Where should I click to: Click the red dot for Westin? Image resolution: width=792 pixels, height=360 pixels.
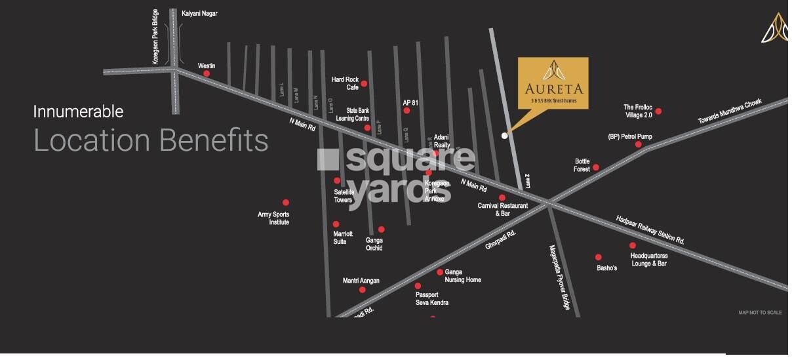[207, 73]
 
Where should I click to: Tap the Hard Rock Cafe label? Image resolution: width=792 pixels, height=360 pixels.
[345, 83]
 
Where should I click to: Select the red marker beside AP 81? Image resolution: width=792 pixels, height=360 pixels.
[406, 111]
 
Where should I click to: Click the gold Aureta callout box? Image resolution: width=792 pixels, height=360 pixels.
[553, 82]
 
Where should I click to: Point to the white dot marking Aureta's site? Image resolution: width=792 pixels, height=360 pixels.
[504, 136]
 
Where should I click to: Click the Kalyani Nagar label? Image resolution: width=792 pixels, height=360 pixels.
[199, 13]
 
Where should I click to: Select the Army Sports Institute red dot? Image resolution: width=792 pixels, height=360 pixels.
[285, 203]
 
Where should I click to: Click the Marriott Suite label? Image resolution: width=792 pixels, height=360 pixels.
[343, 237]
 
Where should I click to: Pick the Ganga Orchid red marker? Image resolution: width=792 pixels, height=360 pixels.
[381, 230]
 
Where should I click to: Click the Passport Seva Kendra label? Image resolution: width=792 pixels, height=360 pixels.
[431, 298]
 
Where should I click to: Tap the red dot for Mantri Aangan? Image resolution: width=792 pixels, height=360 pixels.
[362, 290]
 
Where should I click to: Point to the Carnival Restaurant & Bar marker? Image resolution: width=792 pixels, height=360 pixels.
[502, 197]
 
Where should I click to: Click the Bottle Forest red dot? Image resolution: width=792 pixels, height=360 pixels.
[595, 168]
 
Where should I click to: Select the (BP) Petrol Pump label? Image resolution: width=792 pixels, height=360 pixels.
[630, 137]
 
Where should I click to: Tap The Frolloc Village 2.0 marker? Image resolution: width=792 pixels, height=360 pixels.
[658, 111]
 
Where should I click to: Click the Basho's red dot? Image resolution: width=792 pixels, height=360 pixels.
[598, 257]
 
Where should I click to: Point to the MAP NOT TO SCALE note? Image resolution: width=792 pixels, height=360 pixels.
[760, 313]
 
